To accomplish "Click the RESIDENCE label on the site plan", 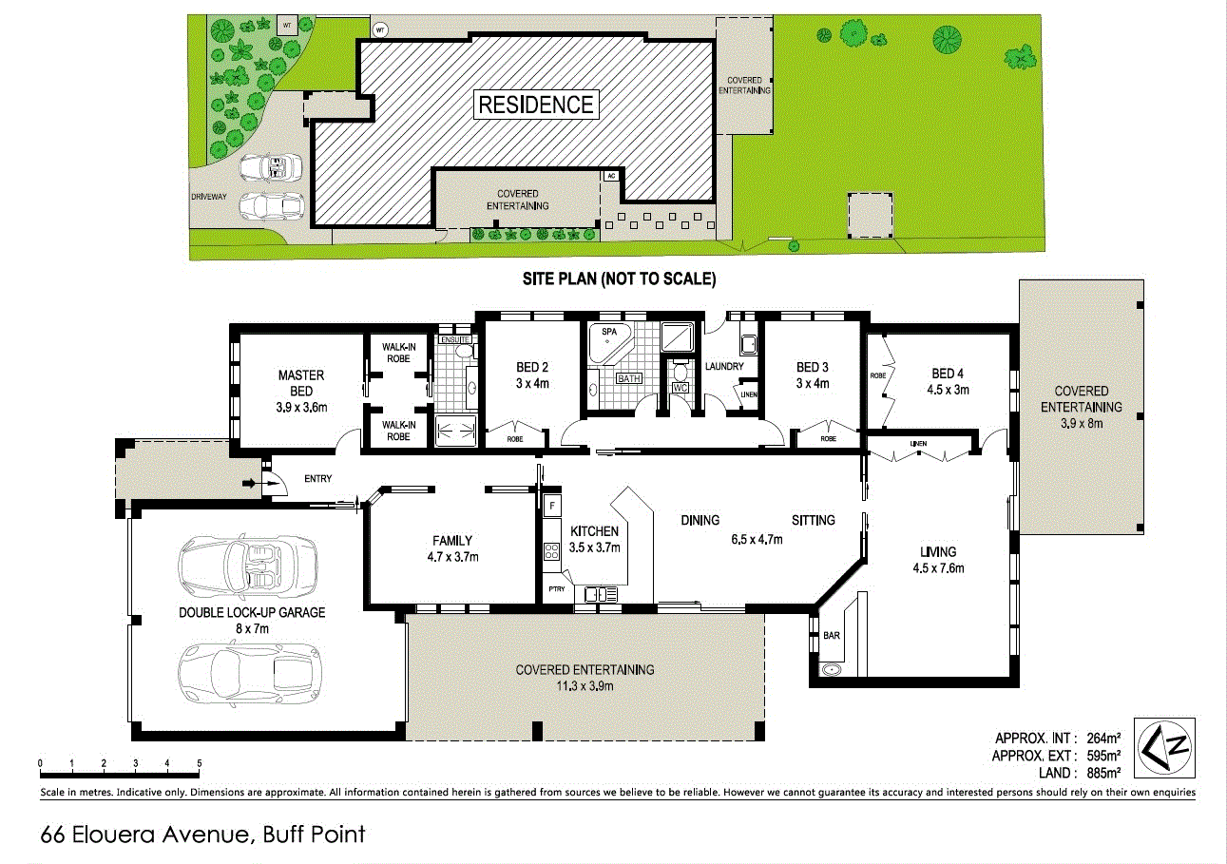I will (535, 105).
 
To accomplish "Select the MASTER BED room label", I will (301, 383).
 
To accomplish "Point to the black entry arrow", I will (250, 484).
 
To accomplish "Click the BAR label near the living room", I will (831, 635).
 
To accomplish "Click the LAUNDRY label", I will (724, 367).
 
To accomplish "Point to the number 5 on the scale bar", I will (199, 762).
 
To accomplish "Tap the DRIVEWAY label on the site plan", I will (209, 196).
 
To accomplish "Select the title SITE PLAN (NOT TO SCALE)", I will (618, 279).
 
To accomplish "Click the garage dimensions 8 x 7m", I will (252, 629).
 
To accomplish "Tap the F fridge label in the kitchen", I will (551, 506).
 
